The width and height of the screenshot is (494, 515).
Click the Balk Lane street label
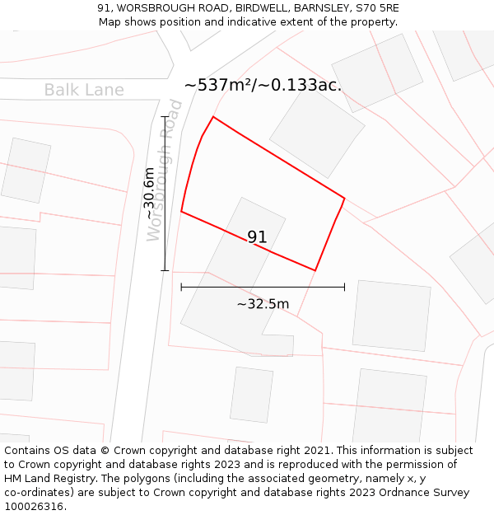[x=84, y=90]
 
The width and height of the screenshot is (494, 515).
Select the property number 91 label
[x=257, y=237]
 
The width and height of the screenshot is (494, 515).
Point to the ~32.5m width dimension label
[x=263, y=304]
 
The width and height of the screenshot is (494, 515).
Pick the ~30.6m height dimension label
[x=149, y=194]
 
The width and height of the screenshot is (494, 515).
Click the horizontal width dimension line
[x=263, y=287]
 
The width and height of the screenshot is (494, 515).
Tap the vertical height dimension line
[x=165, y=194]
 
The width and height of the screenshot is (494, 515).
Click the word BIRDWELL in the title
[x=259, y=7]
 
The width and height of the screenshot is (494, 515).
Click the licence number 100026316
[x=35, y=507]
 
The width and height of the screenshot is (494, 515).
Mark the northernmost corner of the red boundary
[x=213, y=117]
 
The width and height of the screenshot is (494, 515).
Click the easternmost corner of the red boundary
[x=344, y=198]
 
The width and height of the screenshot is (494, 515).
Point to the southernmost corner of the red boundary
[x=315, y=270]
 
